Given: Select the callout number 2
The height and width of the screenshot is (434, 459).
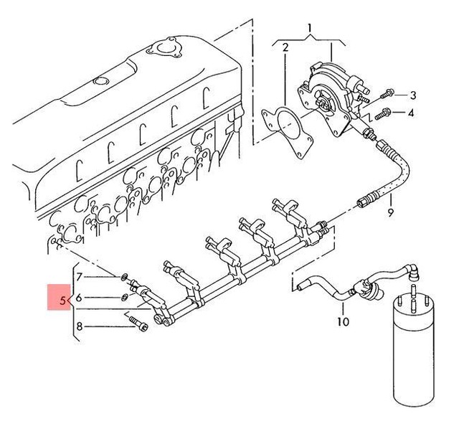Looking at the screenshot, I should pos(285,49).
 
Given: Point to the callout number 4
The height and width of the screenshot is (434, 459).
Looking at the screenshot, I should pos(411,113).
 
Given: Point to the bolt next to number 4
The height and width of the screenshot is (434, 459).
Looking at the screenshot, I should pos(382,113).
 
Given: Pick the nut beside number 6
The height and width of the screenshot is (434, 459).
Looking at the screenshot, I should pos(124,296).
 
